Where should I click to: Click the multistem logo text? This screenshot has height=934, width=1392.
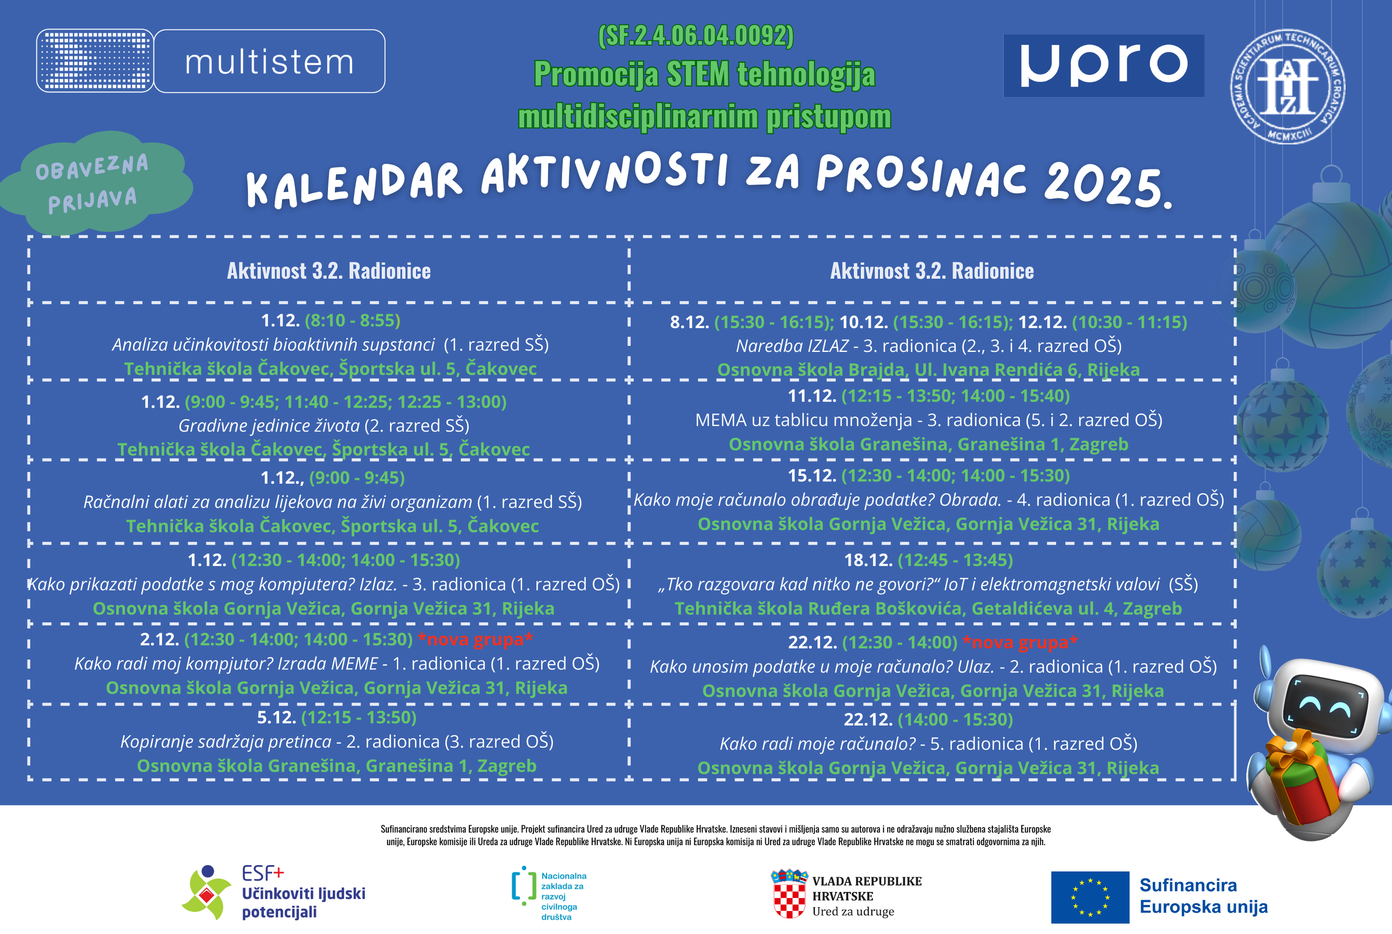(269, 62)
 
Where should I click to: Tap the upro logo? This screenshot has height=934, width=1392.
(1104, 65)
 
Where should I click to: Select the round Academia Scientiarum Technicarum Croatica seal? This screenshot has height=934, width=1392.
(1288, 86)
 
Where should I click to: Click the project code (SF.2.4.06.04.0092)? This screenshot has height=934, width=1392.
(696, 36)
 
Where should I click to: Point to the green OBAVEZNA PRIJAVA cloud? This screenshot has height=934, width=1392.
(95, 182)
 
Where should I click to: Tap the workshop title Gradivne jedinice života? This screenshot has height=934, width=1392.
(269, 426)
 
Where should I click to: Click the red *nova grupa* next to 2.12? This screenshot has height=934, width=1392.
(475, 640)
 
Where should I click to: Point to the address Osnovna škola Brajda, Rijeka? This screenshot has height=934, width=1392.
(928, 370)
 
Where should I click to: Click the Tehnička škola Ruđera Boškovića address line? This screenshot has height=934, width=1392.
(928, 609)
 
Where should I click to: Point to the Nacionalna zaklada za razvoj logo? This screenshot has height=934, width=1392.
(550, 895)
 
